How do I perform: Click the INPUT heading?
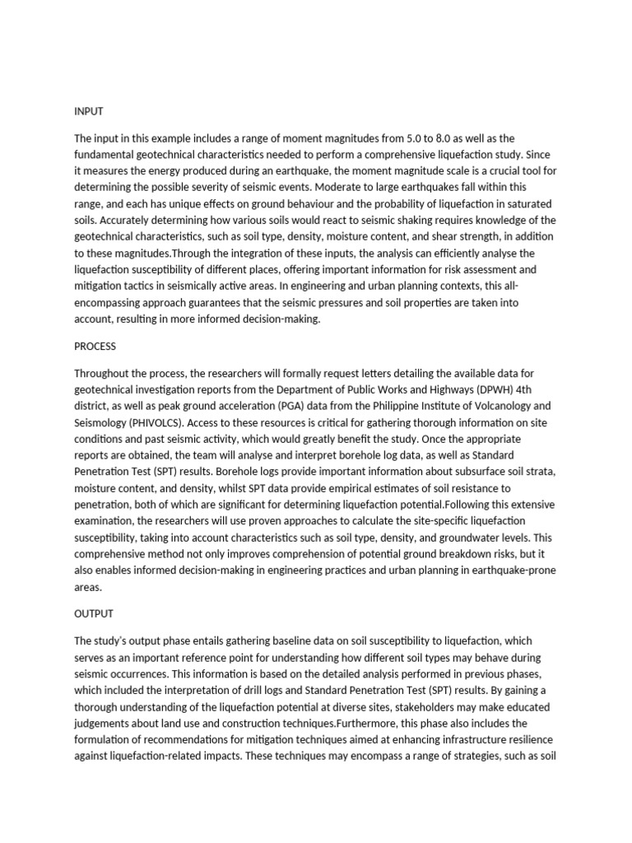(89, 111)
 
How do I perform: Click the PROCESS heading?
(95, 347)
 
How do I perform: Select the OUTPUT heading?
(94, 614)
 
